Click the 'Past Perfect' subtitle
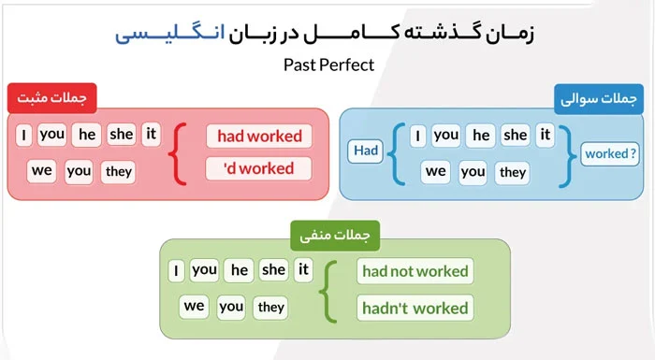click(x=328, y=65)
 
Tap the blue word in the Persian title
click(x=170, y=33)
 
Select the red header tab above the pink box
click(x=52, y=98)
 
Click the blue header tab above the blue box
click(x=599, y=99)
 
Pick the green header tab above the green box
click(x=335, y=236)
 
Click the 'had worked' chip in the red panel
click(x=259, y=137)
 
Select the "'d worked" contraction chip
click(x=258, y=168)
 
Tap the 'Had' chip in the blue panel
click(x=366, y=151)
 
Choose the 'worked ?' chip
click(x=610, y=153)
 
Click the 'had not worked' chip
click(x=415, y=271)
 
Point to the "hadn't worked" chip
click(x=415, y=308)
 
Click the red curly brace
click(x=178, y=153)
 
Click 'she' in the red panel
click(x=121, y=135)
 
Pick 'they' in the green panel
click(x=270, y=308)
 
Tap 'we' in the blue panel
click(x=435, y=172)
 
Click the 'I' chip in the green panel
click(x=176, y=270)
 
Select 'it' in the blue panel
click(x=546, y=135)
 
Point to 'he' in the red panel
click(x=86, y=135)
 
